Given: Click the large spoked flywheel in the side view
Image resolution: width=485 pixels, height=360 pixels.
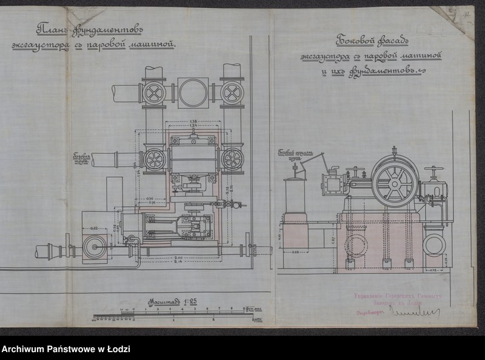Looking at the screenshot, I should [x=395, y=182].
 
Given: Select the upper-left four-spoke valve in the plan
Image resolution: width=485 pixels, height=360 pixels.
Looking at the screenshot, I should [x=154, y=93].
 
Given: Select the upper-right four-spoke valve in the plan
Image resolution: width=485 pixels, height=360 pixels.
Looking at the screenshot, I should [x=232, y=93].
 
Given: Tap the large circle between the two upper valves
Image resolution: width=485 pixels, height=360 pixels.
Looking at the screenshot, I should [x=193, y=93].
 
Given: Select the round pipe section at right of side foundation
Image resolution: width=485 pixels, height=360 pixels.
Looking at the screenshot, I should [x=434, y=244].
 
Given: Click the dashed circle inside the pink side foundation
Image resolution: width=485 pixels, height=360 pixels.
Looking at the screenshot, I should [x=356, y=245].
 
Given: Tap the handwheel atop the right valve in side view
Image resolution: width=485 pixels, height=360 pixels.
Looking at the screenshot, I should [x=433, y=169].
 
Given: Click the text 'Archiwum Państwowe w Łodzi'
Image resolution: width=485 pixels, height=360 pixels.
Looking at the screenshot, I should [x=65, y=350].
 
